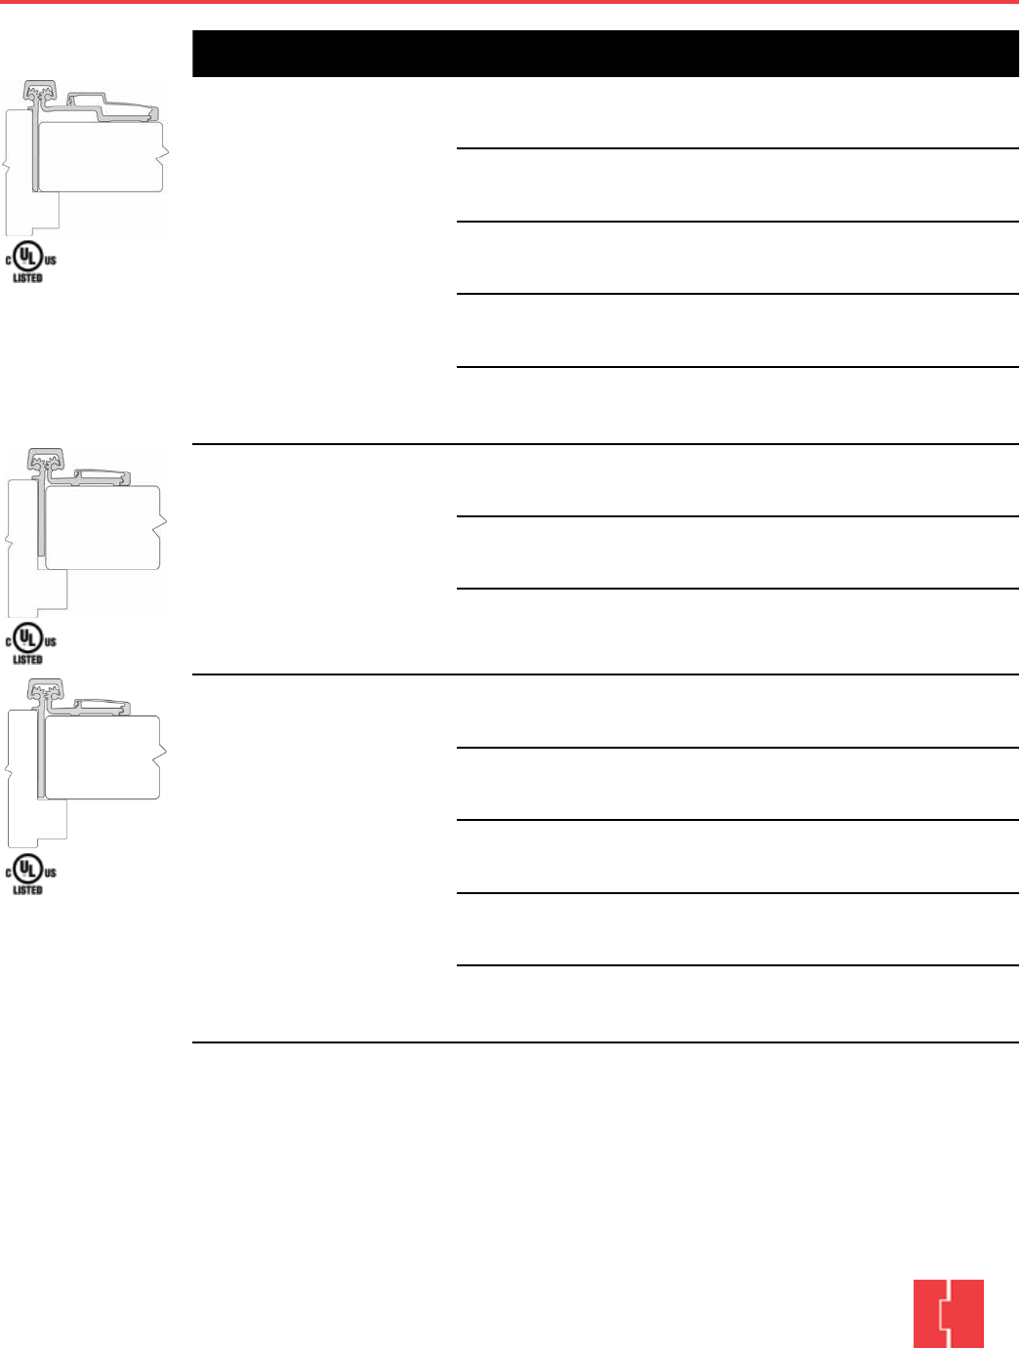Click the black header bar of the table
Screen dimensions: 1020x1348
point(605,54)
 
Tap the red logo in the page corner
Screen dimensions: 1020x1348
point(948,1313)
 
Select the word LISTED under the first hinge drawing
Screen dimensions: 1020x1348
point(27,278)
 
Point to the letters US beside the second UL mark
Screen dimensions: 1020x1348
point(51,641)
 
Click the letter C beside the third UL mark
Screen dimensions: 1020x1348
point(9,872)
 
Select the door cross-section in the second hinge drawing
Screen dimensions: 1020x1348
point(102,527)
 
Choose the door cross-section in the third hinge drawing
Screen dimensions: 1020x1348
point(102,757)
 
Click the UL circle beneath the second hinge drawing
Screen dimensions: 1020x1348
point(29,639)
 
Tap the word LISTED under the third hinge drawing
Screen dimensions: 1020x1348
point(27,890)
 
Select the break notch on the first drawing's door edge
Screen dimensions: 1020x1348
point(165,152)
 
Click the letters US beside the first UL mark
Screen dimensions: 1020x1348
point(51,261)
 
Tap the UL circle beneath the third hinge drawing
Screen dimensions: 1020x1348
point(29,870)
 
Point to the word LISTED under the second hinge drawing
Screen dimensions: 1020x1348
point(27,660)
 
